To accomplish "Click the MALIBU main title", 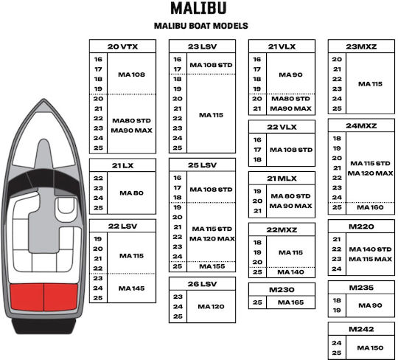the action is (x=198, y=8).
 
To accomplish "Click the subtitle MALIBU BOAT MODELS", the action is (x=200, y=26).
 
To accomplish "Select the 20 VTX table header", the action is (x=122, y=46).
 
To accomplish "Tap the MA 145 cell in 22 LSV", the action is (x=131, y=288).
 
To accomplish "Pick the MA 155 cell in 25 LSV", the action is (x=212, y=266).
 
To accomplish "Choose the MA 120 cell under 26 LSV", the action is (x=211, y=307).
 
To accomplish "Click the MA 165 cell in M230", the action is (x=290, y=302).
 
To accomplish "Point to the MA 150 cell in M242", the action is (x=370, y=347).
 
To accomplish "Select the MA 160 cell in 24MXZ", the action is (x=370, y=207).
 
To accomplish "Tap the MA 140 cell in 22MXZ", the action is (x=290, y=272).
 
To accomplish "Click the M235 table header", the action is (x=361, y=288).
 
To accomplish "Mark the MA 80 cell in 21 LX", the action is (x=131, y=193).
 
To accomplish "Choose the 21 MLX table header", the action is (x=282, y=179).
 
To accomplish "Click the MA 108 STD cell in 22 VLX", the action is (x=291, y=150).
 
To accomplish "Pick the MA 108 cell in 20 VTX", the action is (x=131, y=75).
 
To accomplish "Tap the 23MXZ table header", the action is (x=361, y=46).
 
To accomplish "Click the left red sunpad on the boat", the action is (x=27, y=297).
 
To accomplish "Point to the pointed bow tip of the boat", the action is (x=44, y=99).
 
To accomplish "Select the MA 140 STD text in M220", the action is (x=370, y=249).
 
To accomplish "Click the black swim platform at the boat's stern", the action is (x=44, y=326).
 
